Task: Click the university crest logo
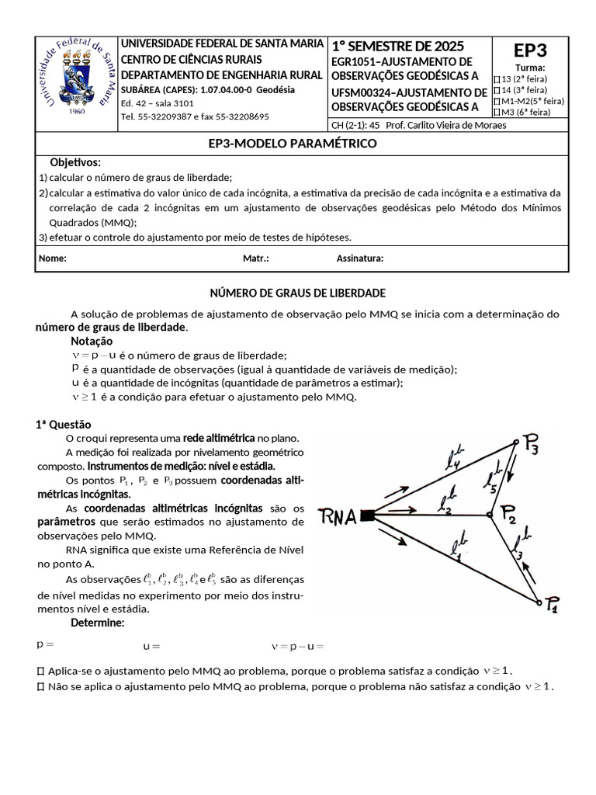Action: pyautogui.click(x=75, y=78)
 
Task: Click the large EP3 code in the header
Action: pyautogui.click(x=530, y=50)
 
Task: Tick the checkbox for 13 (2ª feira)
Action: pyautogui.click(x=497, y=79)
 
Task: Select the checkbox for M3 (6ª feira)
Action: pyautogui.click(x=497, y=112)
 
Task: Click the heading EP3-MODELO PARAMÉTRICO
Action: pyautogui.click(x=293, y=144)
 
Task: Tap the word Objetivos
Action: pyautogui.click(x=75, y=162)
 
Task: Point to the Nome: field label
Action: pyautogui.click(x=53, y=259)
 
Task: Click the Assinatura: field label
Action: pyautogui.click(x=359, y=259)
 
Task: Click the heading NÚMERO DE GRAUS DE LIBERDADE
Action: pyautogui.click(x=298, y=293)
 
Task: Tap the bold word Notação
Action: pyautogui.click(x=92, y=341)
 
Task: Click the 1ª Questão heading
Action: pyautogui.click(x=63, y=424)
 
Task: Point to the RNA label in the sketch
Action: pyautogui.click(x=338, y=517)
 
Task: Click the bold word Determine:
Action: pyautogui.click(x=97, y=623)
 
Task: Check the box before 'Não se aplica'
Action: pyautogui.click(x=40, y=687)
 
